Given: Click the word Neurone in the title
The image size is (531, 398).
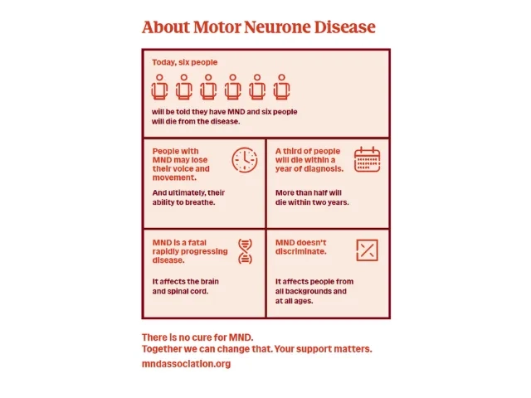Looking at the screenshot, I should point(278,27).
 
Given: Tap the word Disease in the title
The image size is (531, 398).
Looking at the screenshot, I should point(344,27).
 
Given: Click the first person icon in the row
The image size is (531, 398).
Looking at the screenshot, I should point(160,86).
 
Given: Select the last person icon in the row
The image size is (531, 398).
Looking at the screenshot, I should point(282,86).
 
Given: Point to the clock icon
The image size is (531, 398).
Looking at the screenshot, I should point(245,159).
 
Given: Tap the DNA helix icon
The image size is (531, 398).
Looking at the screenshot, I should point(245,250).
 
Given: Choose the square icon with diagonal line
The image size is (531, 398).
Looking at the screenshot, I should point(368,250).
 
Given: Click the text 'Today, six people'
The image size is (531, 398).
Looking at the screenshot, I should point(185,62).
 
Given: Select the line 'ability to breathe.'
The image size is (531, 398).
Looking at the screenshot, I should point(183,202).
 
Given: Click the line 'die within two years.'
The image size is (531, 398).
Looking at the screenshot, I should point(312,202).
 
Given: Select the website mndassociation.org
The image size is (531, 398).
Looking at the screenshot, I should point(186,364).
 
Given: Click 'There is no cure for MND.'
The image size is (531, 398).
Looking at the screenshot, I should point(197,337).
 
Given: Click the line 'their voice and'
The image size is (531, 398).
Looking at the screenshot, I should point(181,169).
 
